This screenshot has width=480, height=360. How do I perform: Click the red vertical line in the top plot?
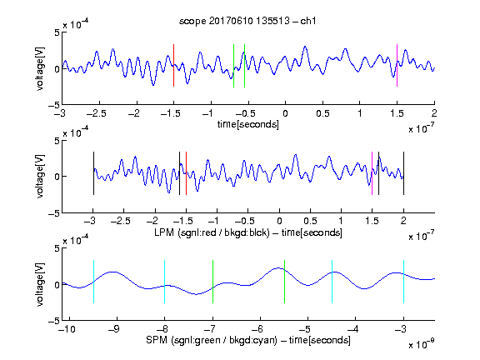tap(174, 66)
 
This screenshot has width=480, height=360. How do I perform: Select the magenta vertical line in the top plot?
tap(397, 66)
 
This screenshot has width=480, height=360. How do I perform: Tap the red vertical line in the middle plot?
tap(186, 173)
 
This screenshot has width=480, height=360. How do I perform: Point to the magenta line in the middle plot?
tap(372, 173)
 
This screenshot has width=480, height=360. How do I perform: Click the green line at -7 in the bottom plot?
tap(212, 282)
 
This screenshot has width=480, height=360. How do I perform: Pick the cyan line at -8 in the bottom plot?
tap(165, 282)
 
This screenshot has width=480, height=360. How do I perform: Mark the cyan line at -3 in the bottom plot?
tap(404, 282)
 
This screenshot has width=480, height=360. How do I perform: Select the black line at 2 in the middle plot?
tap(404, 173)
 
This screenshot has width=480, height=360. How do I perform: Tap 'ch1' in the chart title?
tap(308, 21)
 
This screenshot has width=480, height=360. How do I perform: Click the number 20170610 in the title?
tap(231, 21)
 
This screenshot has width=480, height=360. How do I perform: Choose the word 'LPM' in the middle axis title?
tap(164, 232)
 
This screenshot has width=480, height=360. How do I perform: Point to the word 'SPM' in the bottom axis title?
tap(157, 340)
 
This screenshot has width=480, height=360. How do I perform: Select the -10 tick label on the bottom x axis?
tap(67, 329)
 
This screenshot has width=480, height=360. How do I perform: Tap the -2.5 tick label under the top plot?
tap(97, 113)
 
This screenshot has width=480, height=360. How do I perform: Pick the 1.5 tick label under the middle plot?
tap(372, 221)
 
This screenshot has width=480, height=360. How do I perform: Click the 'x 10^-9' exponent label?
tap(422, 343)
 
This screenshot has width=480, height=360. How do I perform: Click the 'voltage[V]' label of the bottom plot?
tap(40, 285)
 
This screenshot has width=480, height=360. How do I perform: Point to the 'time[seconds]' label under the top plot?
tap(248, 125)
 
